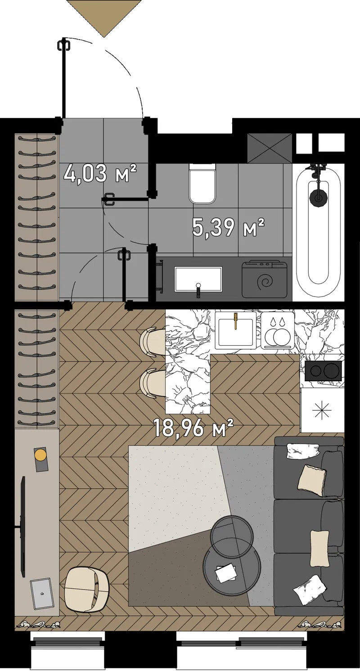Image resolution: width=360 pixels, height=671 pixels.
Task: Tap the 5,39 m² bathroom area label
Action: point(228,227)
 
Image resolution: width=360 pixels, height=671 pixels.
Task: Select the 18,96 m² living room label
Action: point(193,428)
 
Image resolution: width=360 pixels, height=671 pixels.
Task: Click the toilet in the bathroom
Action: point(202,183)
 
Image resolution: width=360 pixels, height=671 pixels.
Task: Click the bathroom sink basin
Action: point(198,279)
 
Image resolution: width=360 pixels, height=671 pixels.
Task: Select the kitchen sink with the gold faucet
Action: point(235,331)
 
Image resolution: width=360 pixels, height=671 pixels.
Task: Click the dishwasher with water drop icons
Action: point(277,331)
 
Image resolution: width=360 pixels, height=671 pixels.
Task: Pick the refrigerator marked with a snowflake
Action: point(322,410)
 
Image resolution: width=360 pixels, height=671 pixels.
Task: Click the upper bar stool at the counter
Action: point(153,342)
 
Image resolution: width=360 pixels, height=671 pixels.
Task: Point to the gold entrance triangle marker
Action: point(104,18)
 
